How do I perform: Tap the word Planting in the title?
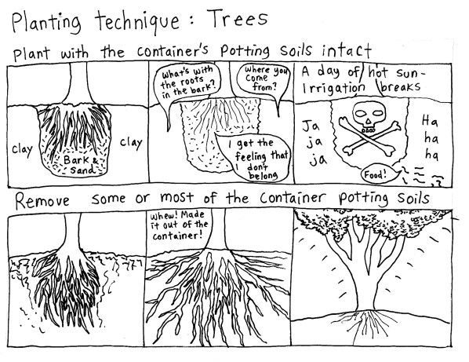pos(46,23)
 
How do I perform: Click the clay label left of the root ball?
pos(23,149)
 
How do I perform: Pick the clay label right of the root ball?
pos(131,143)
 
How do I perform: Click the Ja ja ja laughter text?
pos(314,143)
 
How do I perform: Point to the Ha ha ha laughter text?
pos(430,138)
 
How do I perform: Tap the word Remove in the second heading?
pos(42,200)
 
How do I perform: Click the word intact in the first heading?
pos(347,50)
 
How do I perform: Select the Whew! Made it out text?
pos(179,225)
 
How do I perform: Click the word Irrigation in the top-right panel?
pos(333,88)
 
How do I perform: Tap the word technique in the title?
pos(137,21)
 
